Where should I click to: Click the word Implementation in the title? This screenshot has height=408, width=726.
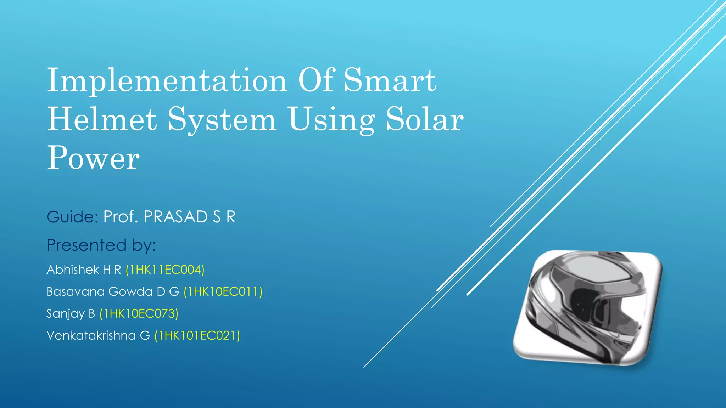(167, 81)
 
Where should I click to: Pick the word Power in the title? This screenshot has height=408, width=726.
(93, 158)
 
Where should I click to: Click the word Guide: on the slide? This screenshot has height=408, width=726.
(72, 217)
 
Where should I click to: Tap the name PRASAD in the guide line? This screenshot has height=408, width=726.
(175, 217)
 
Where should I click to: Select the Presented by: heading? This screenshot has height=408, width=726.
(101, 245)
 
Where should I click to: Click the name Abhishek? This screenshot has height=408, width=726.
(73, 270)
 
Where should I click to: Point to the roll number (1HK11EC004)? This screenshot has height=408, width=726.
(165, 270)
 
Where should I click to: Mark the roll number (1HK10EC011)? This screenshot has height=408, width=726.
(223, 292)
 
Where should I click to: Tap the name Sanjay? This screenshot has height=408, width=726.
(66, 314)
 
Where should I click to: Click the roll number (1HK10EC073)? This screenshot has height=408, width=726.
(139, 314)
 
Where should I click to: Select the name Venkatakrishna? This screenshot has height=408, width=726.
(91, 336)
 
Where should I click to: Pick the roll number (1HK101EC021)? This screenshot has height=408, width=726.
(197, 336)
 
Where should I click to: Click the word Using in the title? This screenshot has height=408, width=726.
(331, 120)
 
